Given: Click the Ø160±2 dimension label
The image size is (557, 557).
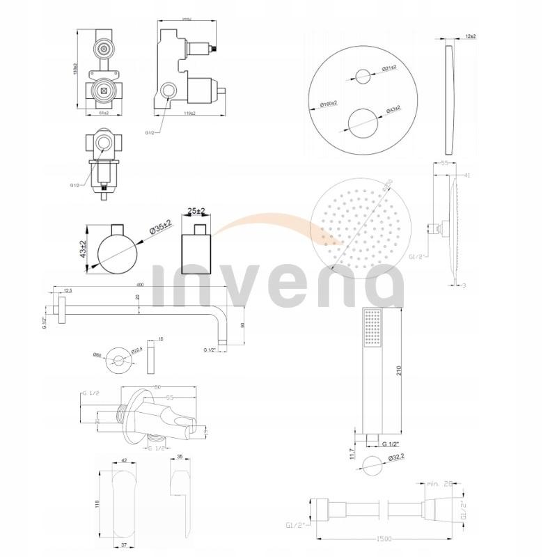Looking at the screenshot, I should (x=329, y=104).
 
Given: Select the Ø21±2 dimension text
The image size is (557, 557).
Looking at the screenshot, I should (x=389, y=67).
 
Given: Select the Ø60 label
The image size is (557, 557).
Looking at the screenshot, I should (x=97, y=356).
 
